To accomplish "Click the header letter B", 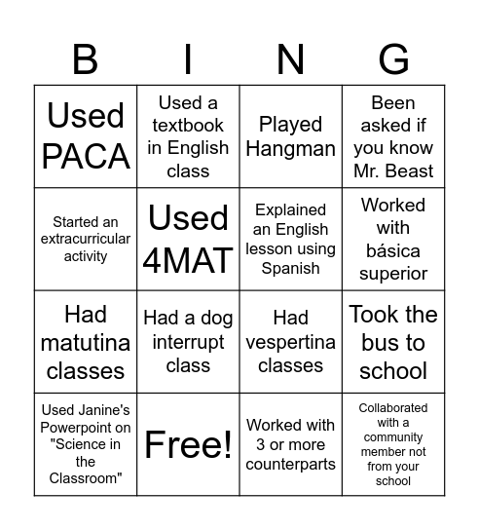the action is coord(86,59).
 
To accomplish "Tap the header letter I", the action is coord(188,59).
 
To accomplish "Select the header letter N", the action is coord(290,59).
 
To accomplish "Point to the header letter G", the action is coord(393,59).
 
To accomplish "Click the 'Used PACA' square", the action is coord(86,136).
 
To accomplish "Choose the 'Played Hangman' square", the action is coord(290,136).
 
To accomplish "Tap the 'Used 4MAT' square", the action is coord(188,239).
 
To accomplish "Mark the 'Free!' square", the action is coord(188,444).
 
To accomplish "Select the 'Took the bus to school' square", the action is coord(393,342).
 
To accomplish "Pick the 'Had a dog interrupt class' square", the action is coord(188,342).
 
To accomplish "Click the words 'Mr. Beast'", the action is coord(393,171).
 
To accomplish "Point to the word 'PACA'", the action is coord(86,156).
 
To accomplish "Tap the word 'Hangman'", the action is coord(290,148).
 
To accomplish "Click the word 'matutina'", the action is coord(86,342).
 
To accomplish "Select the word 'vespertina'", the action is coord(290,342).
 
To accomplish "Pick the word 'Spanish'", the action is coord(290,268).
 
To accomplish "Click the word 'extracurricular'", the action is coord(86,240).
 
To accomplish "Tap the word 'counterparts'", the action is coord(290,464).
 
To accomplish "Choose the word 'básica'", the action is coord(393,250).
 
